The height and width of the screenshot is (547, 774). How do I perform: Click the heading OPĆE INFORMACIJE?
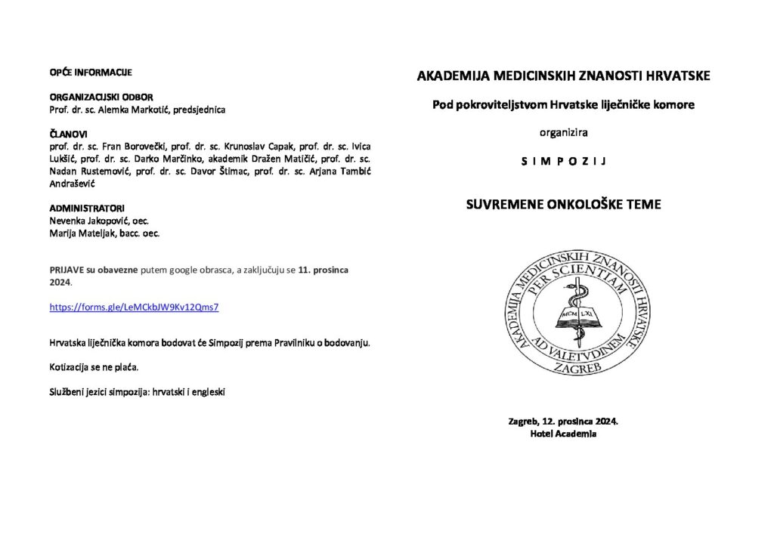pyautogui.click(x=91, y=73)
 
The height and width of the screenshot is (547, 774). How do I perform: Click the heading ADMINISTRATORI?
pyautogui.click(x=87, y=208)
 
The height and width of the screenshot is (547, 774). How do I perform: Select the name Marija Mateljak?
pyautogui.click(x=80, y=233)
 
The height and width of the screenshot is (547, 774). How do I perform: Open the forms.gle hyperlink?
pyautogui.click(x=134, y=307)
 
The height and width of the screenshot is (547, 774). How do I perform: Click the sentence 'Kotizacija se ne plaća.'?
pyautogui.click(x=94, y=367)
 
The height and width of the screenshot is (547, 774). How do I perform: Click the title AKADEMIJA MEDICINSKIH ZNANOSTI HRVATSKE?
pyautogui.click(x=563, y=76)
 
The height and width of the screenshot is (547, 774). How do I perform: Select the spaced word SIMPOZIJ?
pyautogui.click(x=563, y=161)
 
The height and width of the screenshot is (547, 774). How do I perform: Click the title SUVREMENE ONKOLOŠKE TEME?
pyautogui.click(x=563, y=204)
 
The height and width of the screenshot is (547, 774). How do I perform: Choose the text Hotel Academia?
pyautogui.click(x=563, y=434)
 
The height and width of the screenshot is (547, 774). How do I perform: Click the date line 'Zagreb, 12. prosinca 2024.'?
pyautogui.click(x=563, y=421)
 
